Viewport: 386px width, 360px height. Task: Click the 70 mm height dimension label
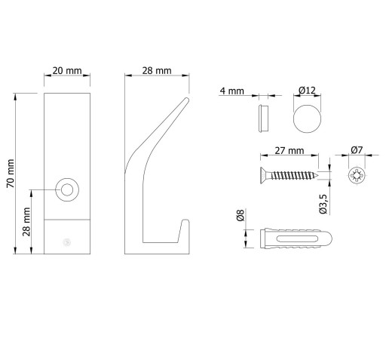point(11,174)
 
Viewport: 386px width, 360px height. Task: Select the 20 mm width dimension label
point(67,71)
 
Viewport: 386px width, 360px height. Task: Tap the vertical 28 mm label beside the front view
point(26,222)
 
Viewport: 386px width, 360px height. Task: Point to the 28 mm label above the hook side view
point(157,71)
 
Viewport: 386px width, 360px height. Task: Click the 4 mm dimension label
point(231,91)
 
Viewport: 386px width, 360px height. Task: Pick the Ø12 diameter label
point(307,90)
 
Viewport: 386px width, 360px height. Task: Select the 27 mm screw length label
point(289,150)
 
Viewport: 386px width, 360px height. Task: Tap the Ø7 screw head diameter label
point(357,150)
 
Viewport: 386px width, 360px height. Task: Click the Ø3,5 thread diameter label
point(323,204)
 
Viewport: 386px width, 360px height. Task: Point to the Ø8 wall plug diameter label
point(240,215)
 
